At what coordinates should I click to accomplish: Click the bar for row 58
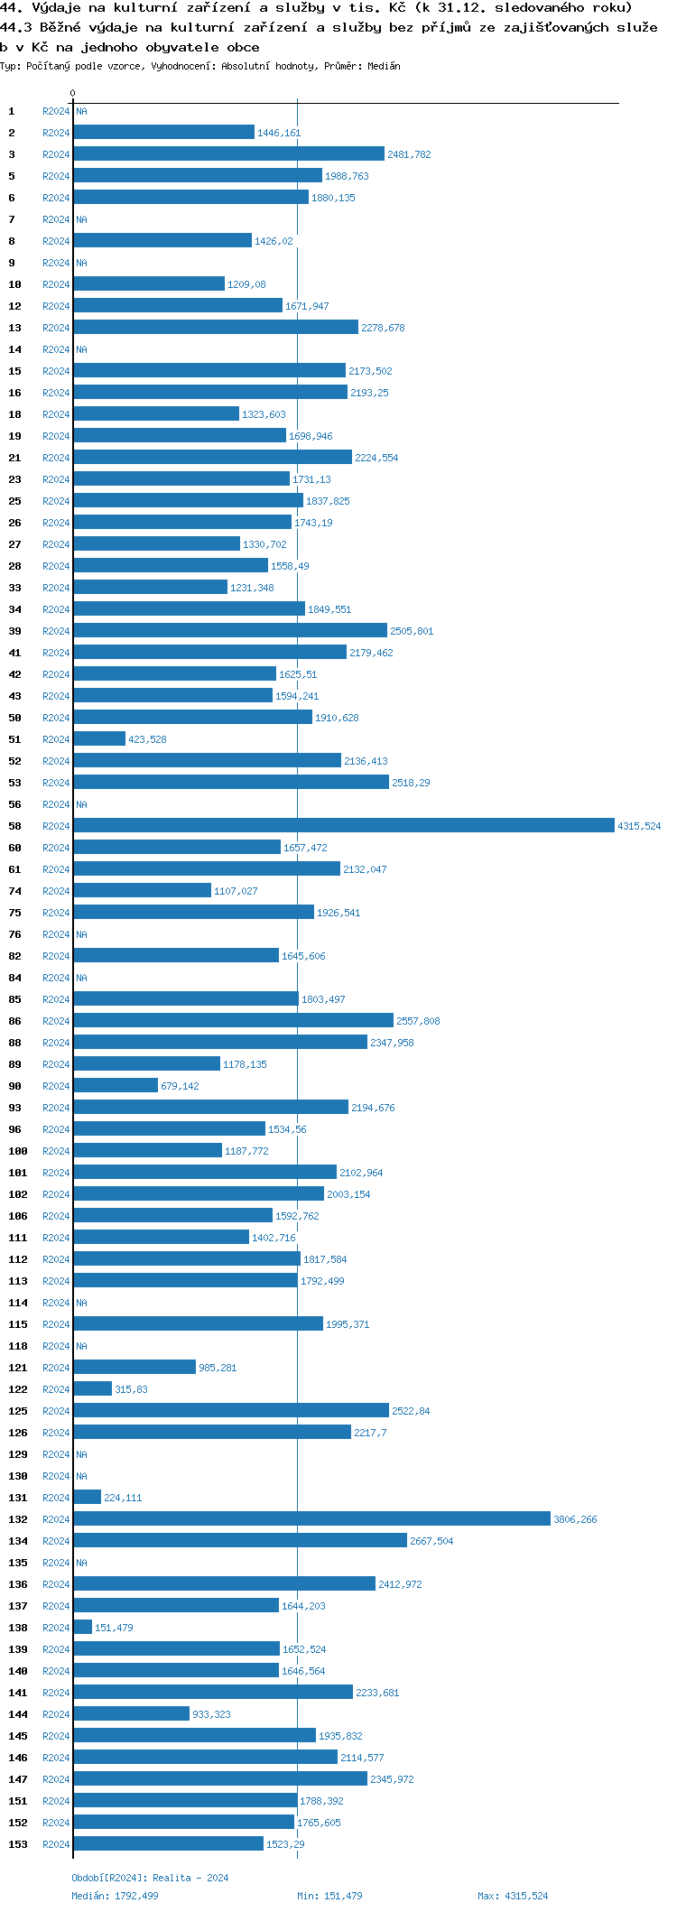coord(343,826)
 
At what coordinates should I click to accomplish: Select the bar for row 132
coord(311,1519)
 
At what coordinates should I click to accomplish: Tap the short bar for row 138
coord(82,1628)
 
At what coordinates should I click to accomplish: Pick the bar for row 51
coord(99,739)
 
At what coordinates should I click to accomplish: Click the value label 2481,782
coord(409,154)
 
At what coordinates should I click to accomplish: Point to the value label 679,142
coord(180,1086)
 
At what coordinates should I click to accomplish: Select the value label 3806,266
coord(575,1519)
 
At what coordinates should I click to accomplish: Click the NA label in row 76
coord(81,934)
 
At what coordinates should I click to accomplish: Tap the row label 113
coord(18,1281)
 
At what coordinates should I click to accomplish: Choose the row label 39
coord(15,631)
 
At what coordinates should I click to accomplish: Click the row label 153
coord(18,1844)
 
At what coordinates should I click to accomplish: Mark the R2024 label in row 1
coord(56,111)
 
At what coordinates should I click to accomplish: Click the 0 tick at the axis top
coord(73,94)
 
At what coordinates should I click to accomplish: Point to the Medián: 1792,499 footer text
coord(115,1896)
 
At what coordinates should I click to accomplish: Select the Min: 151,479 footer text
coord(329,1896)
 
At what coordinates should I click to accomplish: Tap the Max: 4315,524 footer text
coord(513,1896)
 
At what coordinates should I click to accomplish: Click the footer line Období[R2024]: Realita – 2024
coord(150,1878)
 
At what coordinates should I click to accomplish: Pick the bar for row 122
coord(92,1389)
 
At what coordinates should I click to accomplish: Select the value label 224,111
coord(123,1498)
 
